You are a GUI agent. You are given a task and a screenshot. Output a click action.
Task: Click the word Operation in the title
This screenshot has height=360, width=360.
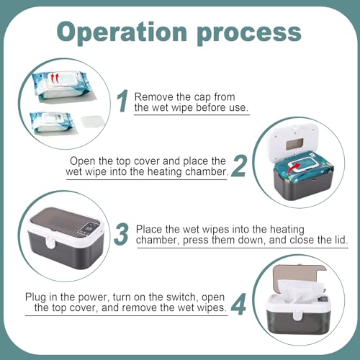pyautogui.click(x=122, y=32)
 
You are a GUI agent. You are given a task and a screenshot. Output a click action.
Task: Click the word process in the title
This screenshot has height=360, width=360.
pyautogui.click(x=249, y=34)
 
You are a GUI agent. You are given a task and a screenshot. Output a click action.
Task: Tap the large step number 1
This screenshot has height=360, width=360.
pyautogui.click(x=122, y=101)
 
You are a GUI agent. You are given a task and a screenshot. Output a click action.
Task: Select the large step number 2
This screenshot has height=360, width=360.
pyautogui.click(x=239, y=166)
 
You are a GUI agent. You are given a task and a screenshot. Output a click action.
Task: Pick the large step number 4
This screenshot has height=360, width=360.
pyautogui.click(x=238, y=304)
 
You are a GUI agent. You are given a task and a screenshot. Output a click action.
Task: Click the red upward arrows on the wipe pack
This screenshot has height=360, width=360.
pyautogui.click(x=55, y=78)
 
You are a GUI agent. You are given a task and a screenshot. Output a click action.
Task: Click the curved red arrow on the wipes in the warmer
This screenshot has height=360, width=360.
pyautogui.click(x=294, y=168)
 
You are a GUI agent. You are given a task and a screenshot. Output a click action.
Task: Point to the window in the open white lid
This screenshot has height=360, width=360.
pyautogui.click(x=294, y=145)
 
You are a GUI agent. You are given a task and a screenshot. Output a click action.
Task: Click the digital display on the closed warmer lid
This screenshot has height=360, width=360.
pyautogui.click(x=89, y=229)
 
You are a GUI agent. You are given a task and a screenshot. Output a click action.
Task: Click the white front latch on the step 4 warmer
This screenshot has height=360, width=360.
pyautogui.click(x=297, y=315)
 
